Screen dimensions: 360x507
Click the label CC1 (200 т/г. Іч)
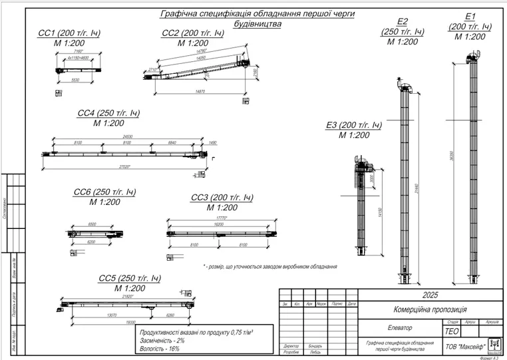tap(70, 33)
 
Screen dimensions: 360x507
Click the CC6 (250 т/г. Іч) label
tap(105, 192)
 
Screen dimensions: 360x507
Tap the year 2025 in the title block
tap(430, 295)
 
